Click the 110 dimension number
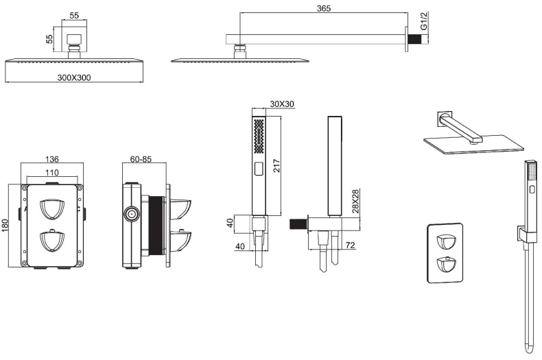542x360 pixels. tap(51, 172)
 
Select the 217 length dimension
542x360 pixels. tap(277, 165)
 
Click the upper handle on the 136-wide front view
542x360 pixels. tap(52, 207)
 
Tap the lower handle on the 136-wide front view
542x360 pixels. tap(52, 241)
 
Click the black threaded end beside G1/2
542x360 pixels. tap(414, 40)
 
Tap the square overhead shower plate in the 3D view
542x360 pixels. tap(473, 145)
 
